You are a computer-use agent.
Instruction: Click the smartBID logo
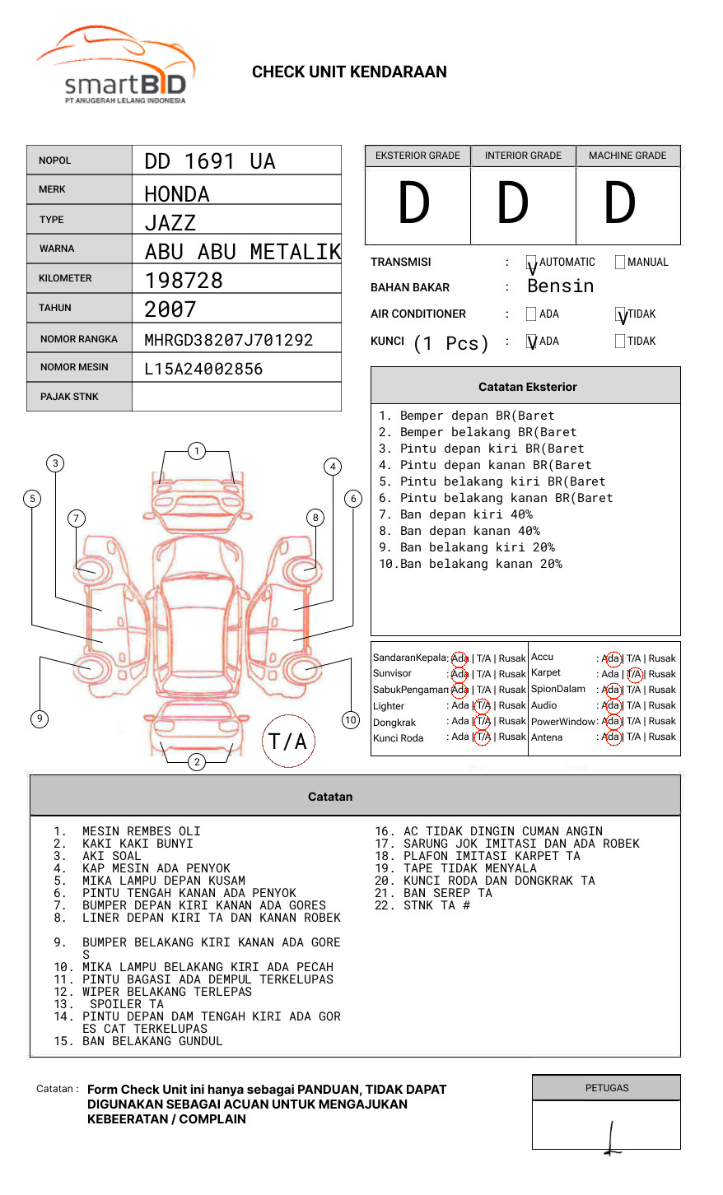115,66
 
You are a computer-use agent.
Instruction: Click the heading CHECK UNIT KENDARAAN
349,72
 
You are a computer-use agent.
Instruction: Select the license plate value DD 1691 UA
210,161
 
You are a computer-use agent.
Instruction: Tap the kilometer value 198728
184,281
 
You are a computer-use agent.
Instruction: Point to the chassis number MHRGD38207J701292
228,340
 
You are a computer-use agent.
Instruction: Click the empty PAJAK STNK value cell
236,397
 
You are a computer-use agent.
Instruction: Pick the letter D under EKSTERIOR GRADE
414,204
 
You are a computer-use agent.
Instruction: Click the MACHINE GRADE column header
627,156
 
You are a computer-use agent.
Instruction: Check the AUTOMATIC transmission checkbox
532,263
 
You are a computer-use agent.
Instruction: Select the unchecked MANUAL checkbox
620,263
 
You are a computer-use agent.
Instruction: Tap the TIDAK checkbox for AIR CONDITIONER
621,314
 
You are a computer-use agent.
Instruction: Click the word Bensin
560,286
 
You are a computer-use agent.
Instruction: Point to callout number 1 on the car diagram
196,451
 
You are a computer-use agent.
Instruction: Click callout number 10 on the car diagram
351,720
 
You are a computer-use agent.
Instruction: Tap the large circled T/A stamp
288,742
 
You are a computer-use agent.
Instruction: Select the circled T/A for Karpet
634,674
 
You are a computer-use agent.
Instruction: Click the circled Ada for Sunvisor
459,674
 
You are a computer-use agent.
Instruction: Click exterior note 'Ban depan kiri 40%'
455,514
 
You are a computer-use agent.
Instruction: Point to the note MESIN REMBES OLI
141,831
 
